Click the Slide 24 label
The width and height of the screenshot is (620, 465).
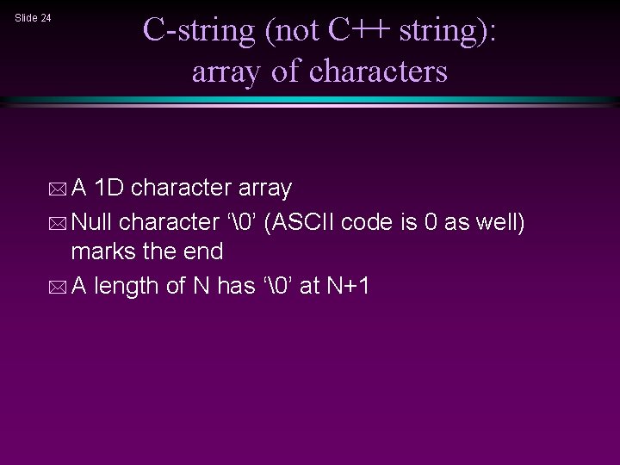pos(34,17)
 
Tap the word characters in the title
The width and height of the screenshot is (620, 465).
pos(378,71)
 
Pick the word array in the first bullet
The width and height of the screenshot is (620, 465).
pos(264,188)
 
